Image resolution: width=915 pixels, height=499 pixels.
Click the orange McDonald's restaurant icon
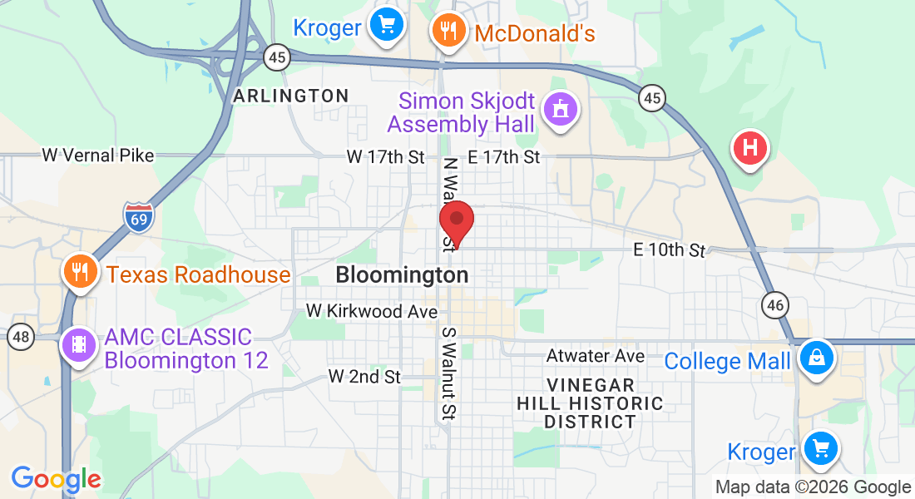448,31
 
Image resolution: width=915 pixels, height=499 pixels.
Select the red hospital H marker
749,149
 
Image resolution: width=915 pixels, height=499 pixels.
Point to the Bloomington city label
402,274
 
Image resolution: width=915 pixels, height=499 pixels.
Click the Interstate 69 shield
138,217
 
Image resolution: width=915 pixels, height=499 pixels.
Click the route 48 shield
20,338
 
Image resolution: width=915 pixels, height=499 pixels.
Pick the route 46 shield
776,305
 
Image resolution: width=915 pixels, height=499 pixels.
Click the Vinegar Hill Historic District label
591,403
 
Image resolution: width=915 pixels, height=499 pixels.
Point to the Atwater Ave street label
596,356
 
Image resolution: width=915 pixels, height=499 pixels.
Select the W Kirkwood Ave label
372,311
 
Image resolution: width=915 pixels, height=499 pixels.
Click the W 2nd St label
364,377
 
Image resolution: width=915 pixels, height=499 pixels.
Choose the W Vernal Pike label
98,155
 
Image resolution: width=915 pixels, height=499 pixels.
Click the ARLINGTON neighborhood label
290,96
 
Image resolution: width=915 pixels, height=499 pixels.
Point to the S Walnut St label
449,373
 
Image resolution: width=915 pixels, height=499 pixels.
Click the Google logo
56,479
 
